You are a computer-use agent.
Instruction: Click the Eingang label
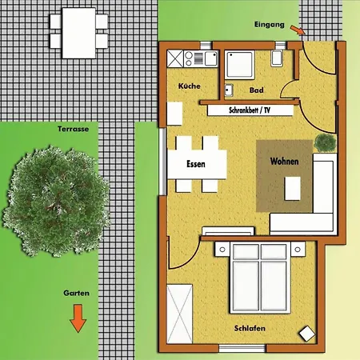pos(270,25)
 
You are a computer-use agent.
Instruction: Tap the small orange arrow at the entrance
pos(298,30)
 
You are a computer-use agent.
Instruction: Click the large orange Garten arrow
pos(78,318)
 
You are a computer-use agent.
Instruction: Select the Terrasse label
pos(73,129)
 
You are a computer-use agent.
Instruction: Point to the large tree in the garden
pos(56,201)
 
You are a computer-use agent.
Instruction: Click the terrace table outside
pos(78,33)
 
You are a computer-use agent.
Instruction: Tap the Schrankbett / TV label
pos(250,110)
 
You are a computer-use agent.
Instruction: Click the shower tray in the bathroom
pos(239,65)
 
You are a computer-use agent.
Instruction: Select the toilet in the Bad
pos(277,58)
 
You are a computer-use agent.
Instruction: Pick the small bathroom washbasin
pos(229,90)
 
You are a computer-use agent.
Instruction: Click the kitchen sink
pos(211,58)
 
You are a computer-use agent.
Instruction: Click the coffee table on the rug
pos(292,189)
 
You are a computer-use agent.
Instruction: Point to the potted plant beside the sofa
pos(325,142)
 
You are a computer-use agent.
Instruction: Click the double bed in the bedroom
pos(260,278)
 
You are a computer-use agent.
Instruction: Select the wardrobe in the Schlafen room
pos(179,314)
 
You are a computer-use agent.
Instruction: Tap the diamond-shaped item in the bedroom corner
pos(306,334)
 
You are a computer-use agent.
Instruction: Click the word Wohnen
pos(284,162)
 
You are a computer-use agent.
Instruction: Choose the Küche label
pos(190,86)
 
